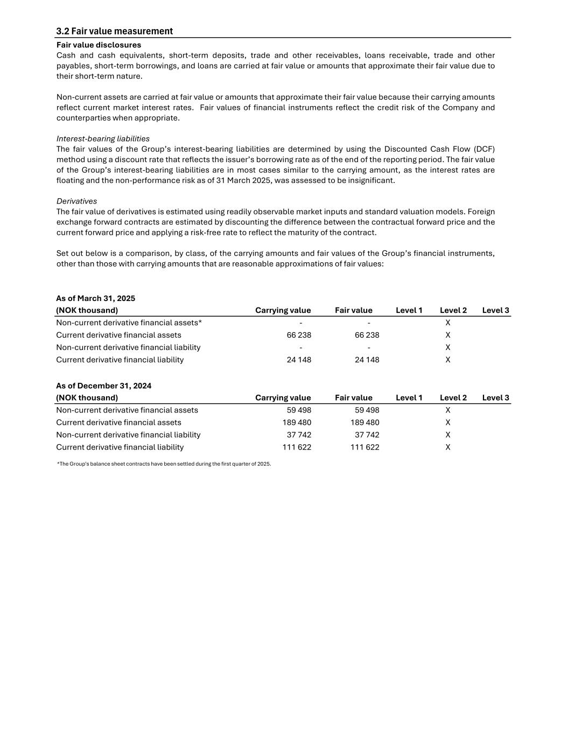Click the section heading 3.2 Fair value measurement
(x=115, y=31)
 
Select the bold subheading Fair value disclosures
(x=99, y=45)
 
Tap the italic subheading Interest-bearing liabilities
(x=103, y=138)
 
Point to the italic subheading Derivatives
(x=76, y=201)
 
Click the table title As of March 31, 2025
(x=95, y=298)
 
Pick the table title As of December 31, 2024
(x=103, y=386)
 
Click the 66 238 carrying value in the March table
(x=299, y=335)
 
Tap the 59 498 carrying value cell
(x=299, y=410)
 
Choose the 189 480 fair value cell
(x=364, y=422)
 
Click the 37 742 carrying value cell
(x=299, y=435)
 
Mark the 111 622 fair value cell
(x=364, y=447)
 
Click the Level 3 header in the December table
(x=495, y=397)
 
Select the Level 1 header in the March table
(x=409, y=310)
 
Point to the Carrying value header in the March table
(x=283, y=310)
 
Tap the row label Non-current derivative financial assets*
(x=129, y=323)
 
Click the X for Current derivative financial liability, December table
(x=448, y=447)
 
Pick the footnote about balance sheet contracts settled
(x=164, y=464)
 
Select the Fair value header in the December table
(x=353, y=397)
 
